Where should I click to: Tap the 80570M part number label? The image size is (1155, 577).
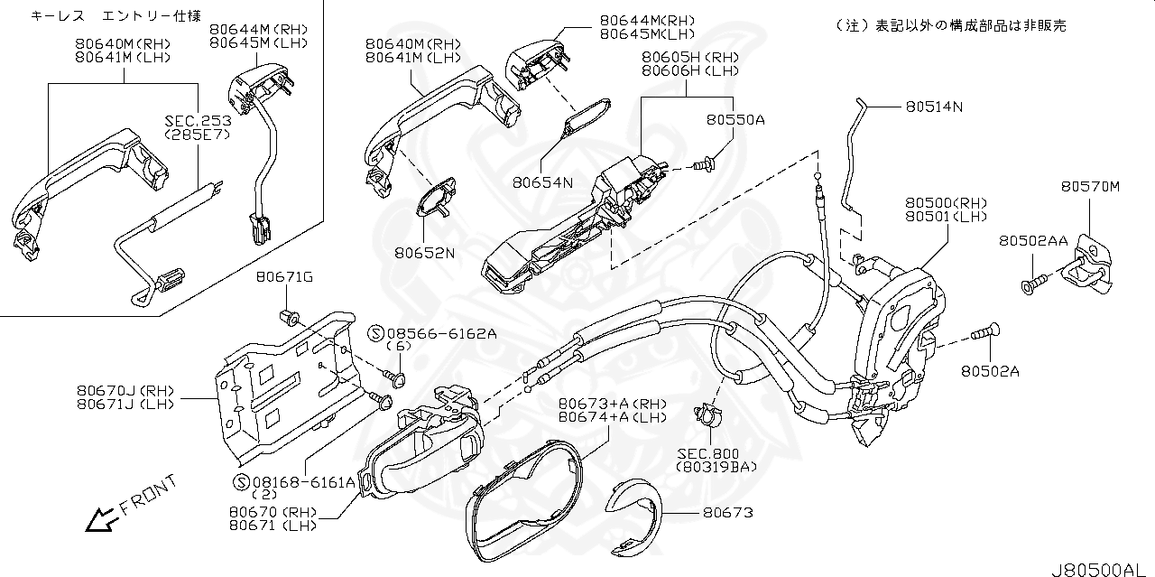coord(1090,187)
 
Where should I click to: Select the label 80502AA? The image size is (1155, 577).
coord(1033,241)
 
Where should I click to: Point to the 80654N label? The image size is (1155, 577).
coord(543,182)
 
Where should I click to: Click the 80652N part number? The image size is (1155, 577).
coord(424,253)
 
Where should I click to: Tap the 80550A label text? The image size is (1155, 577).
coord(735,119)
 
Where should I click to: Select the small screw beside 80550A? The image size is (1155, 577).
coord(704,163)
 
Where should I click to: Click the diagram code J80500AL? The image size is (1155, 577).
coord(1102,568)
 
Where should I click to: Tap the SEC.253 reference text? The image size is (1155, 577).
coord(198,120)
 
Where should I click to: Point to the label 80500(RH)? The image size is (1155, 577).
coord(947,204)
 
